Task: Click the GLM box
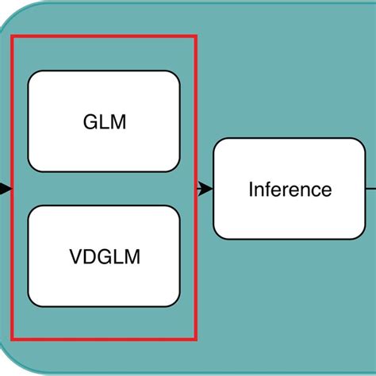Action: point(104,121)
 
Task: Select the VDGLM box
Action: point(104,256)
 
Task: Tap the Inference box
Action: point(290,189)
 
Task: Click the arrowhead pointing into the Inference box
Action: point(207,189)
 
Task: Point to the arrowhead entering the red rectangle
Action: point(6,189)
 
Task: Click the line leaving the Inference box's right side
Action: point(370,189)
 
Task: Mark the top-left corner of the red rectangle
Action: point(13,36)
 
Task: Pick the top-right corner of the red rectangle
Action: point(196,36)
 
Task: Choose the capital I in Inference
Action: point(251,190)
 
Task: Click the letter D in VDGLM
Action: point(87,257)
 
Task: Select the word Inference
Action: point(290,190)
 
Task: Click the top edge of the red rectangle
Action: point(104,36)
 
